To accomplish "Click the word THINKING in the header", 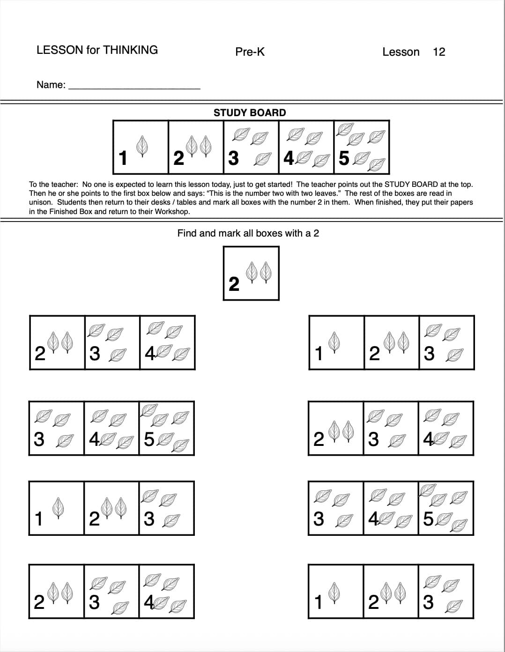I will [130, 50].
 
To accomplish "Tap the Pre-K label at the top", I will [250, 52].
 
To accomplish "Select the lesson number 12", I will [439, 52].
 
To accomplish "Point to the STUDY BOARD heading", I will [249, 112].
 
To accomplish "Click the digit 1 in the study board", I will [123, 158].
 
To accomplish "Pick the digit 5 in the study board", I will [344, 159].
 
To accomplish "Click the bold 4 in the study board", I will [289, 159].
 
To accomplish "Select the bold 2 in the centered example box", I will [234, 284].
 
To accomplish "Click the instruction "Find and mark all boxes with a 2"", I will [248, 233].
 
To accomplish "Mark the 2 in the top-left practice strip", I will [40, 354].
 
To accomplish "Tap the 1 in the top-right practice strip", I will [319, 354].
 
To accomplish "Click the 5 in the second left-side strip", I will [149, 439].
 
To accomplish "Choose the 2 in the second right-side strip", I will [318, 439].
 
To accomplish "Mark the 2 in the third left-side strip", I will [94, 519].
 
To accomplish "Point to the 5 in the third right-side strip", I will [428, 519].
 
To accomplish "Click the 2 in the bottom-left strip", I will [39, 602].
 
